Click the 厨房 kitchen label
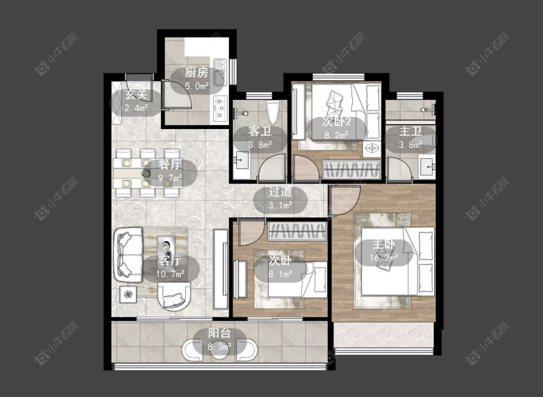tap(197, 73)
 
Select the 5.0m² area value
tap(197, 86)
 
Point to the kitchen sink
tap(220, 72)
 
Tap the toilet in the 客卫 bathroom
tap(273, 112)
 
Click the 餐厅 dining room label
tap(170, 164)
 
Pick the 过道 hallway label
tap(280, 192)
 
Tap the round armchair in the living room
tap(174, 296)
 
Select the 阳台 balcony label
tap(219, 333)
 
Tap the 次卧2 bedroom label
tap(336, 121)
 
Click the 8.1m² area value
tap(280, 274)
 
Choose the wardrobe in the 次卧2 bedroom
tap(351, 170)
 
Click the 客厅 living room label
tap(170, 260)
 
